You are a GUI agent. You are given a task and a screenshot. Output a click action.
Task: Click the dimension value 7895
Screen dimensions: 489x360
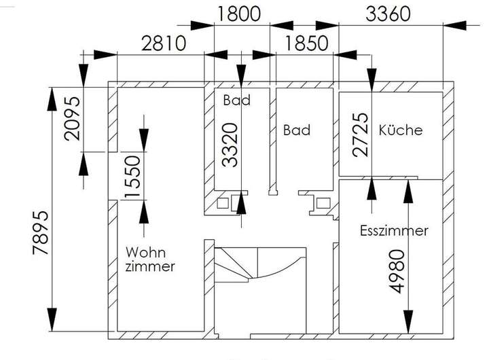click(x=41, y=233)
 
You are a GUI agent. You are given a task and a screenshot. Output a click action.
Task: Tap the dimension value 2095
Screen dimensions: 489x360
click(x=72, y=119)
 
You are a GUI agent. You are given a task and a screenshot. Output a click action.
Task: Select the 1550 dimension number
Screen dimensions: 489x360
click(x=132, y=177)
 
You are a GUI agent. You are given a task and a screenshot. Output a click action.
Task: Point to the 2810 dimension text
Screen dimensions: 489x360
click(x=164, y=43)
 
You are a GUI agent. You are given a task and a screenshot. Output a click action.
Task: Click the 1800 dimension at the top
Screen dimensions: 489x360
click(x=238, y=14)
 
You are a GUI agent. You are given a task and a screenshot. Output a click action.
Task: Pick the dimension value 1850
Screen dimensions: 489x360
click(x=306, y=43)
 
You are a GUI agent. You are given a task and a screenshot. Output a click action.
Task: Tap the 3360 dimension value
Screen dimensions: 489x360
click(x=388, y=14)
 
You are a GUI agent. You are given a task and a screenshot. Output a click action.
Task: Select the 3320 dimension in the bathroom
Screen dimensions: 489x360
click(x=230, y=145)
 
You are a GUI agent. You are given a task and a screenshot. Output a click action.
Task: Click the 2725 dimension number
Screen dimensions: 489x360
click(x=360, y=134)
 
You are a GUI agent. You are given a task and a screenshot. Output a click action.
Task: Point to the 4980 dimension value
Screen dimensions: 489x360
click(x=397, y=272)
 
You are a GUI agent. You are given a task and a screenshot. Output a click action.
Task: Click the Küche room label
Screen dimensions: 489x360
click(x=401, y=130)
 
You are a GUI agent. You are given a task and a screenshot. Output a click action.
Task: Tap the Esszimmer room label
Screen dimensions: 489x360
click(x=394, y=231)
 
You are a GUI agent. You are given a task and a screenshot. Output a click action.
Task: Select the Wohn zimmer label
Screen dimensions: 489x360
click(x=150, y=259)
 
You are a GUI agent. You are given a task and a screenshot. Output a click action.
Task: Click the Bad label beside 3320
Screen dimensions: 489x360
click(x=237, y=100)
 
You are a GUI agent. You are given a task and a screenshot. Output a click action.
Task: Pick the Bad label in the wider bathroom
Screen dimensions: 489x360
click(x=297, y=130)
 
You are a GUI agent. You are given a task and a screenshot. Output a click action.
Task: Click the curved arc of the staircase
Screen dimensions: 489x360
click(x=280, y=271)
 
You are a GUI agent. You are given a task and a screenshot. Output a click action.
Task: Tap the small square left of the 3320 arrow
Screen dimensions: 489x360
click(x=222, y=203)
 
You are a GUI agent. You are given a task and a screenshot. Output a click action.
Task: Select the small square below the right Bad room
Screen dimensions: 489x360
click(x=323, y=203)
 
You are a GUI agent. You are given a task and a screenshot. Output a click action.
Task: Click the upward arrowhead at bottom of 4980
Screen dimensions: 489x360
click(x=408, y=322)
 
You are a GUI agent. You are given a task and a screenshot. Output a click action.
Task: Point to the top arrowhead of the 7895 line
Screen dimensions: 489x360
click(x=52, y=99)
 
